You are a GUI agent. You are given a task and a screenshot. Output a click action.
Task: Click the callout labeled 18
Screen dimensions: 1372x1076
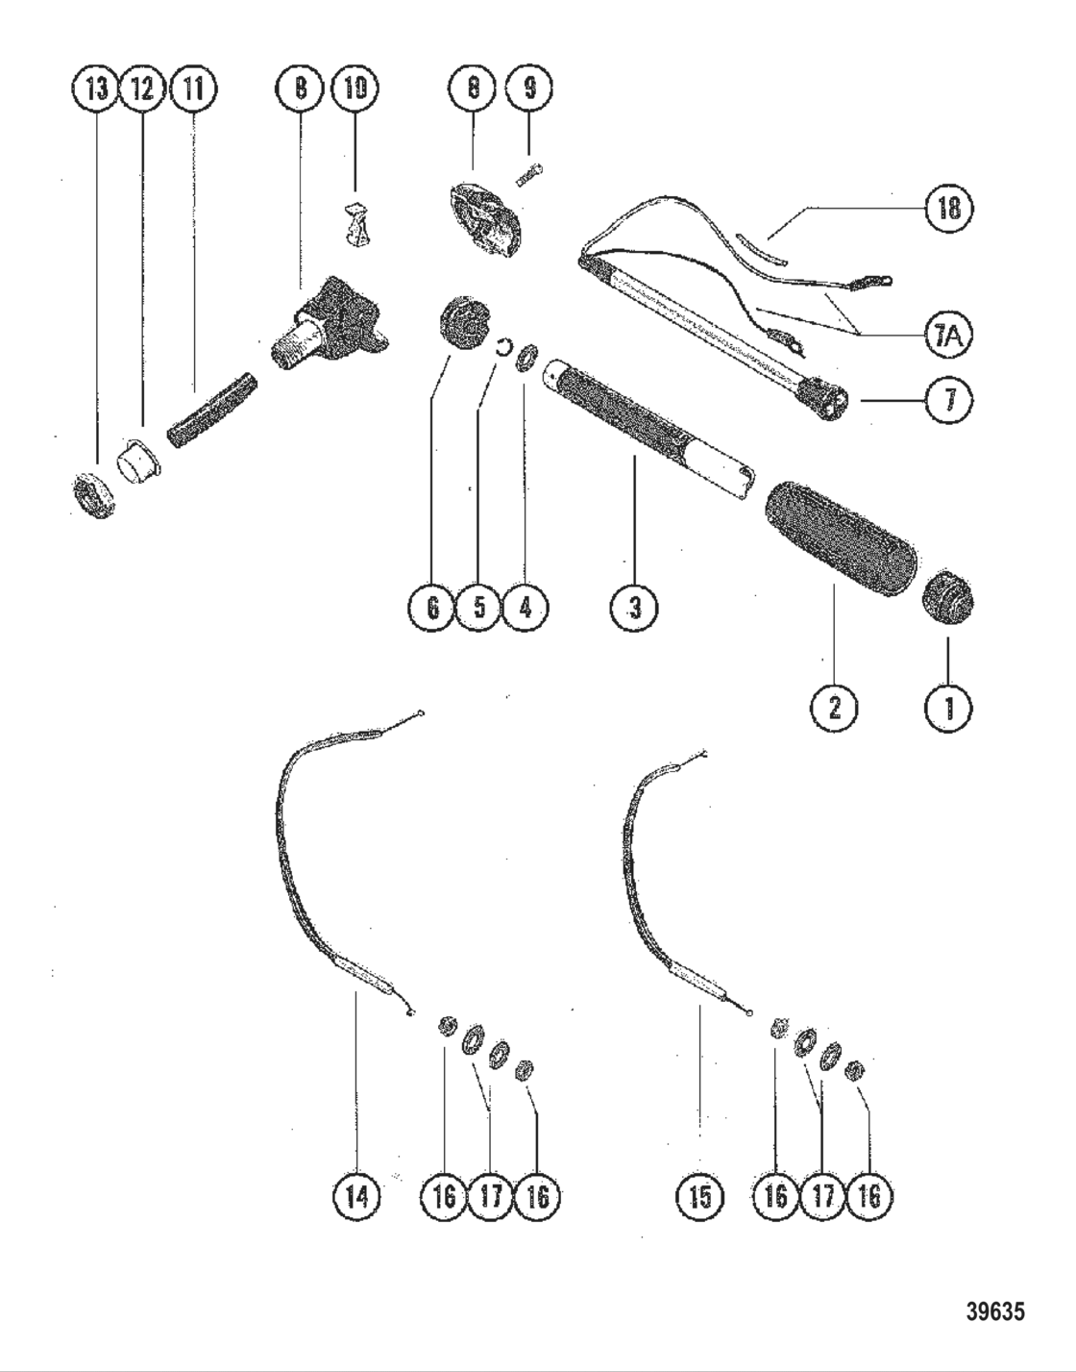[x=948, y=208]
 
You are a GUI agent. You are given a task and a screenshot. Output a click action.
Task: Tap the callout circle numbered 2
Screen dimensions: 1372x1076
[x=834, y=710]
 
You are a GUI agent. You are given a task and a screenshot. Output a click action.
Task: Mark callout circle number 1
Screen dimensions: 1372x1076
[x=949, y=710]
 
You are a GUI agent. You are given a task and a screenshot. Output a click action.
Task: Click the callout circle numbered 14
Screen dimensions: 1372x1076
[x=355, y=1197]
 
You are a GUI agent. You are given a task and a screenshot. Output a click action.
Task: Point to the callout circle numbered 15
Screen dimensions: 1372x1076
[x=700, y=1197]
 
